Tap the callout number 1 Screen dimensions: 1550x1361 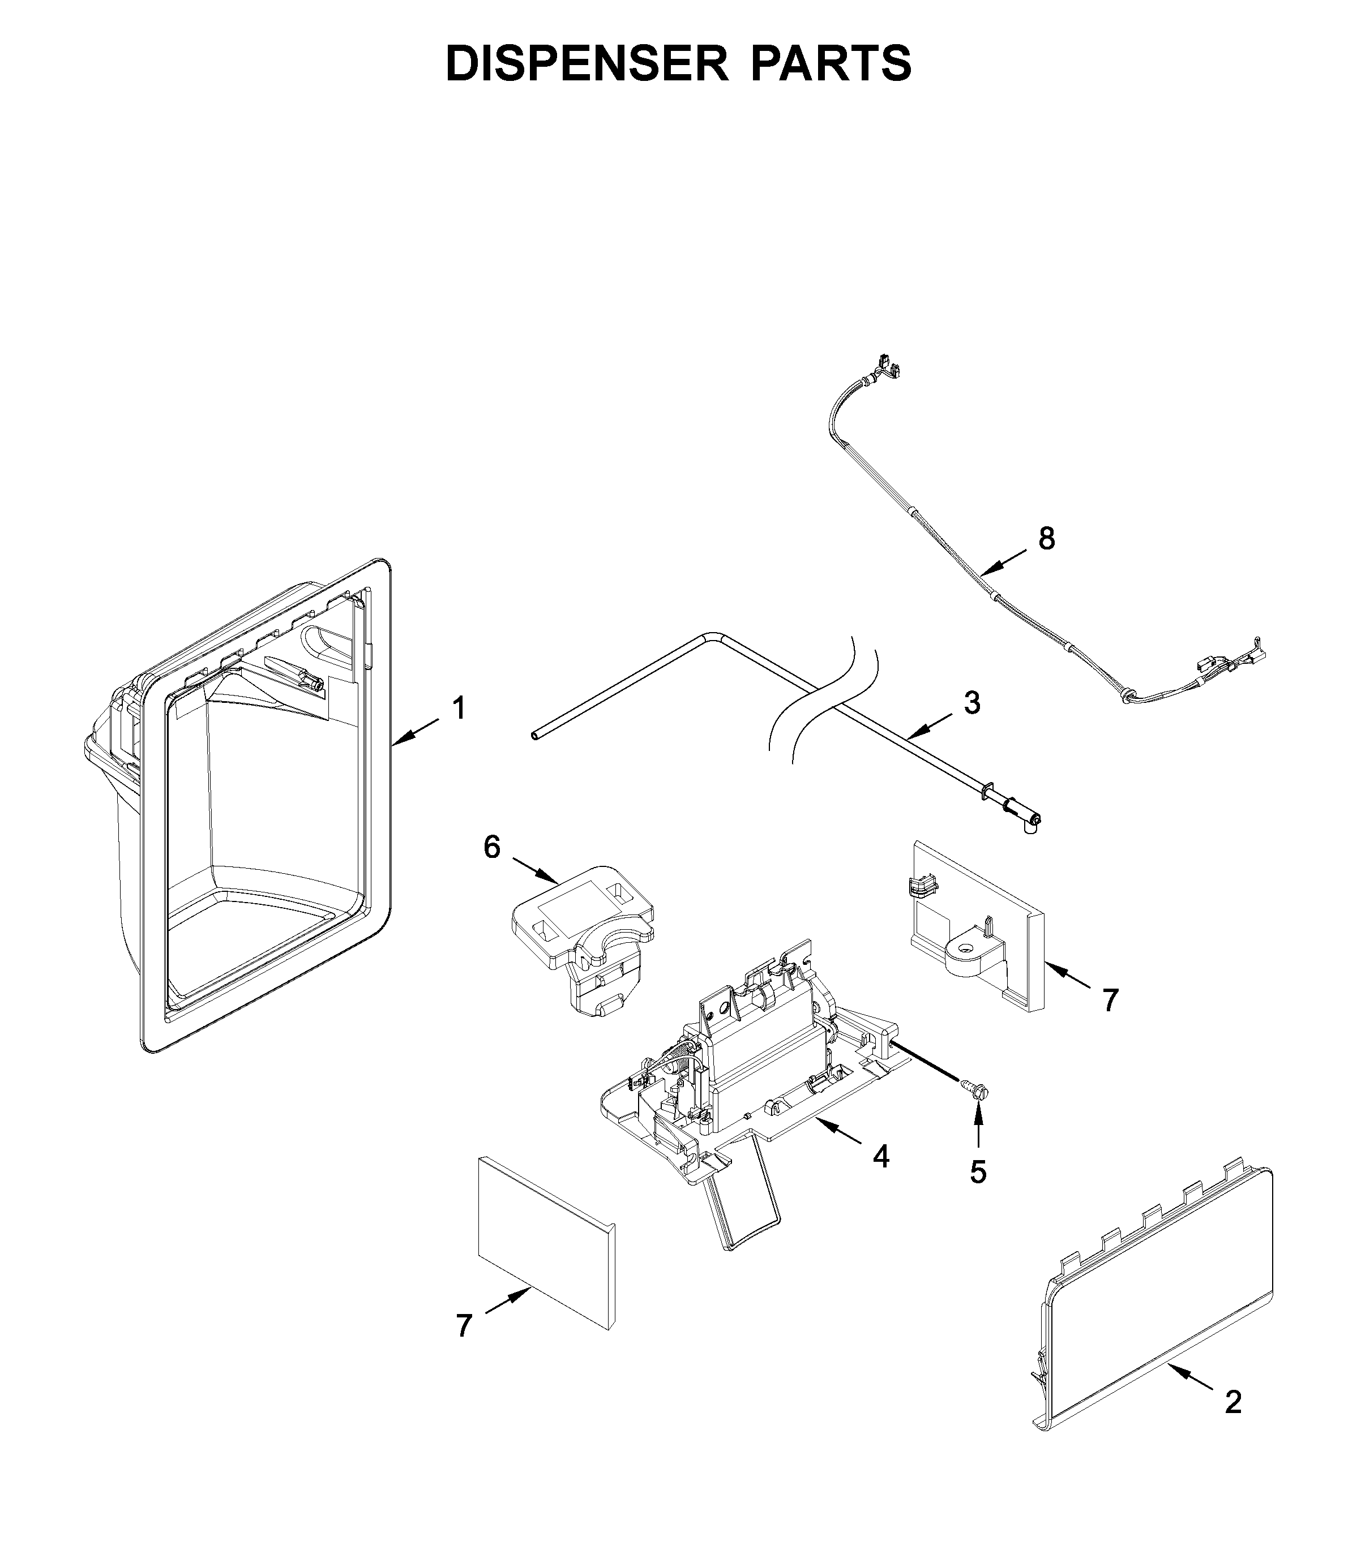(458, 709)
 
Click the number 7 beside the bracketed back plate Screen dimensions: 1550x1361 (1110, 1001)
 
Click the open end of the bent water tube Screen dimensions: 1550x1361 (535, 736)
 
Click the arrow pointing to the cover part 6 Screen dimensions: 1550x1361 (536, 870)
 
